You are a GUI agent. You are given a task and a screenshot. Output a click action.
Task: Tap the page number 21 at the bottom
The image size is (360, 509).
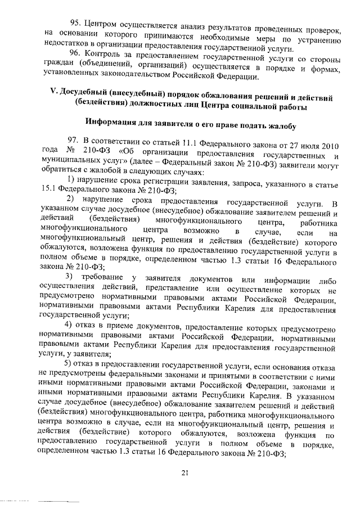(x=184, y=472)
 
